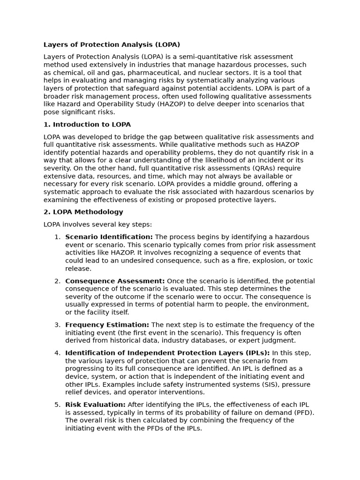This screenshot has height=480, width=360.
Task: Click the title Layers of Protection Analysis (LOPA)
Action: (x=112, y=45)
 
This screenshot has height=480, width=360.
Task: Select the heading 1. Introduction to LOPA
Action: (x=87, y=125)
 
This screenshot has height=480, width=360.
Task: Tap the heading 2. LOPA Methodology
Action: (x=83, y=212)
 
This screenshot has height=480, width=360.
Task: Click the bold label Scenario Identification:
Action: (x=109, y=237)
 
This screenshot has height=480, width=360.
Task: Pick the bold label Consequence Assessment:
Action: (x=115, y=281)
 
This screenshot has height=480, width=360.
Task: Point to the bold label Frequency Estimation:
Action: (x=107, y=325)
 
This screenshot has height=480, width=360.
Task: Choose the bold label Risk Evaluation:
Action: (x=95, y=405)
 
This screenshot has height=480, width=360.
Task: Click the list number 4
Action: (x=57, y=353)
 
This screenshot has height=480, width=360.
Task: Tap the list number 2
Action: (x=57, y=281)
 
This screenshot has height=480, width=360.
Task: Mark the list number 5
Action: (x=57, y=405)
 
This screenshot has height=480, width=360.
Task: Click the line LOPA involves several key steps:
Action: (x=97, y=225)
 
